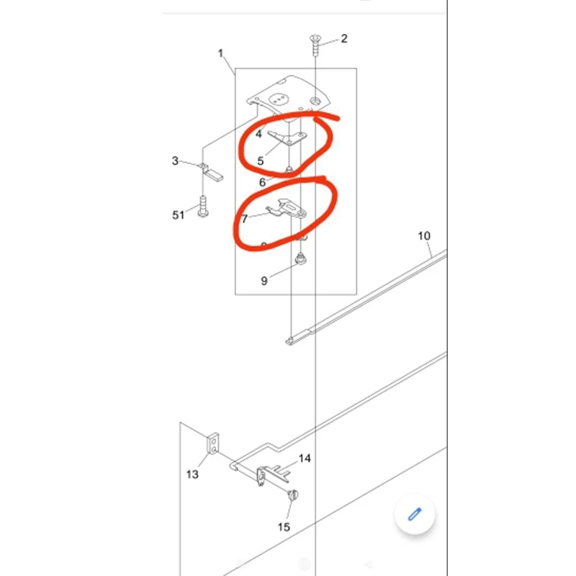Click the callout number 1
point(221,53)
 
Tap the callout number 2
point(344,38)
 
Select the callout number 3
point(175,161)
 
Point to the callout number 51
point(178,215)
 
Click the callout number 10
point(424,235)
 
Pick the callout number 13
point(192,474)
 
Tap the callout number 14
point(305,458)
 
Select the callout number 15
point(284,527)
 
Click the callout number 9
point(264,281)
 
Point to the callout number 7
point(245,218)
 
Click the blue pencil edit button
point(414,513)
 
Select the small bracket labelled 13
point(214,444)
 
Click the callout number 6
point(264,182)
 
